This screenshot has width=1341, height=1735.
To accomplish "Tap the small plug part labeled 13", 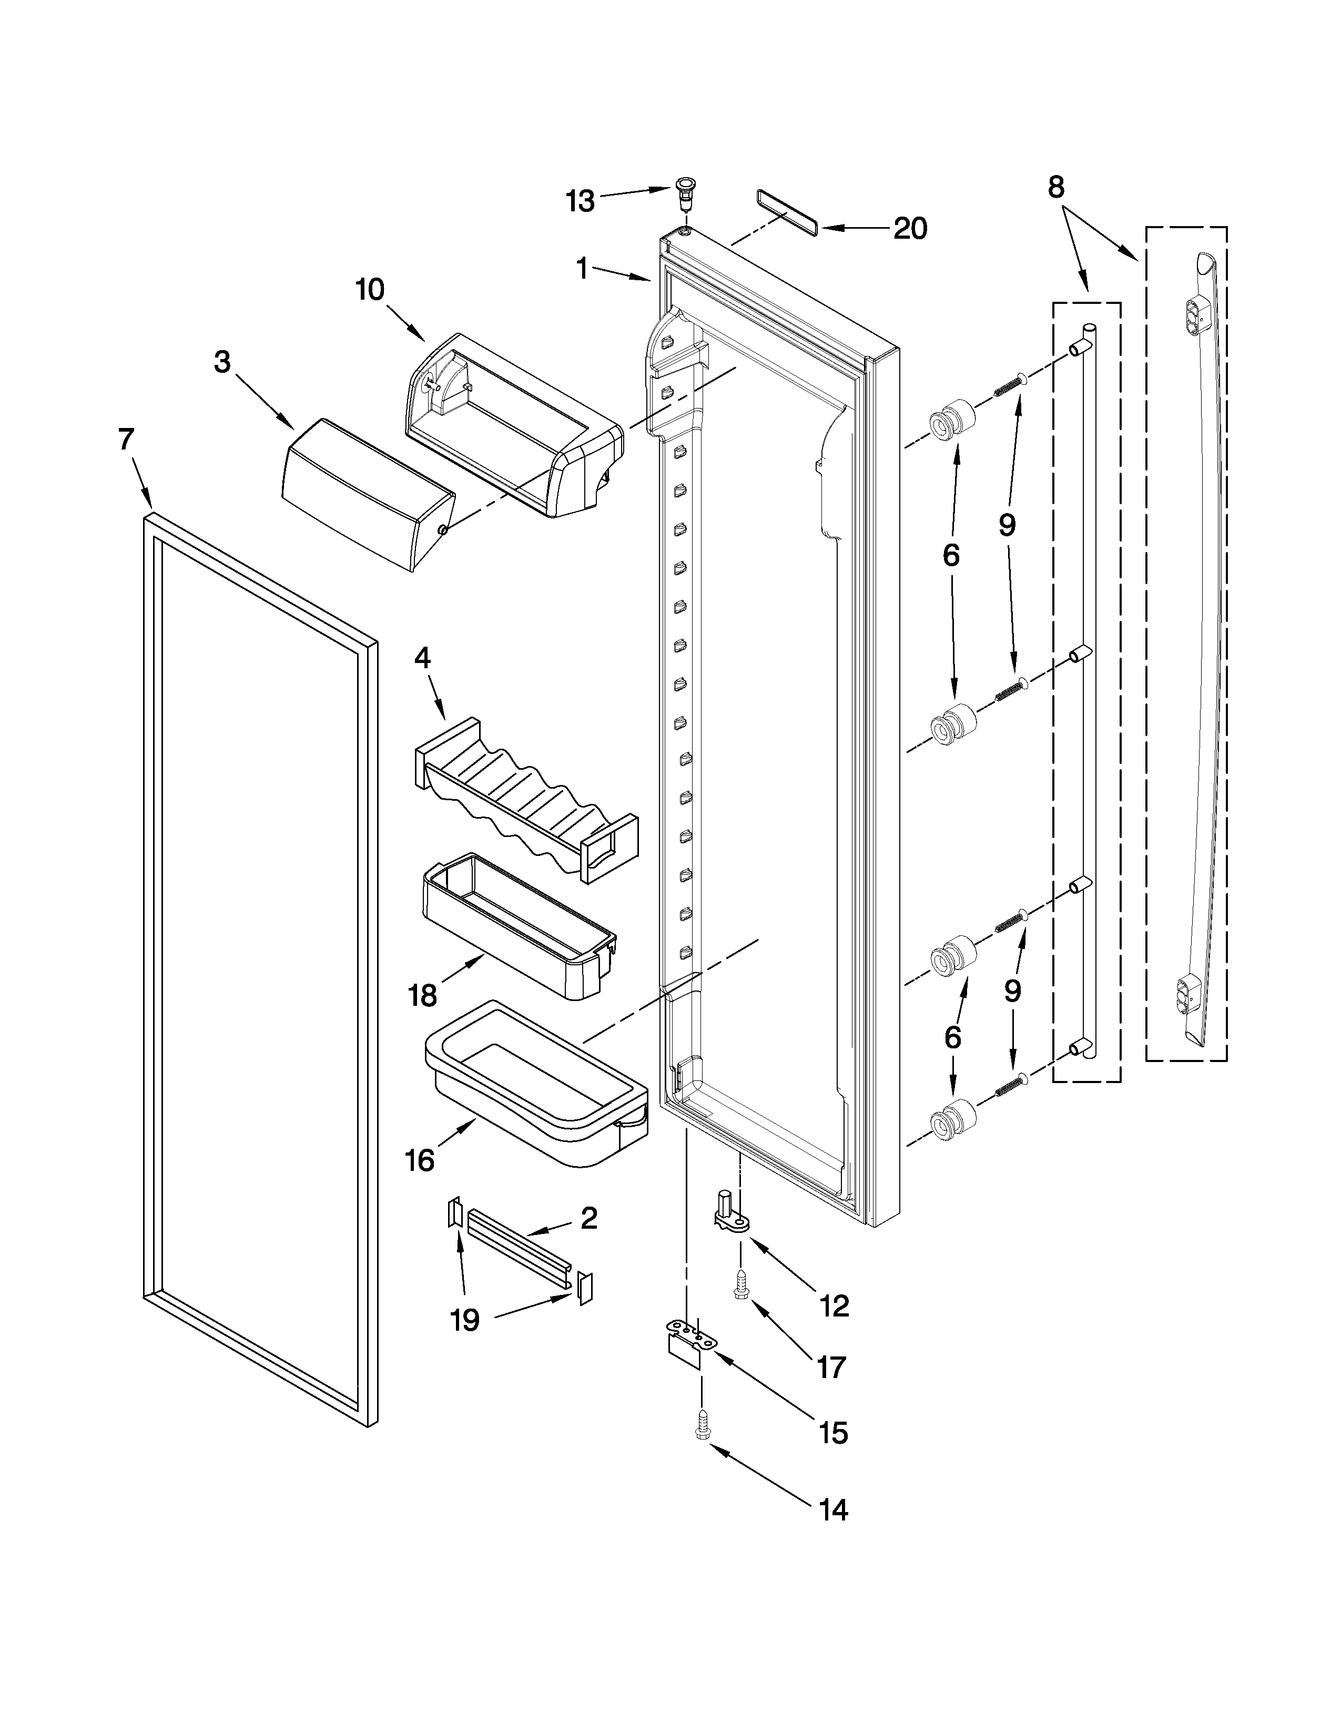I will pos(683,190).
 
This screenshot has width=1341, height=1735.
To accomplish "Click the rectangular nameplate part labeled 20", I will pos(787,213).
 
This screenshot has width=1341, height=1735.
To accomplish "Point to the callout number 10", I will pos(370,290).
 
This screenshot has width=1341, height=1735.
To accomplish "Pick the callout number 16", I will pos(420,1161).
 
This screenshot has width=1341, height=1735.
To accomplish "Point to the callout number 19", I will pos(465,1320).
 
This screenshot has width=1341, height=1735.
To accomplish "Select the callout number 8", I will pos(1055,188).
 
